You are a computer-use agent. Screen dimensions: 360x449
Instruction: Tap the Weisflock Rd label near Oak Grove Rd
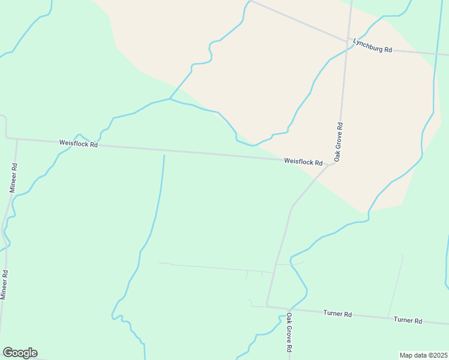click(x=303, y=162)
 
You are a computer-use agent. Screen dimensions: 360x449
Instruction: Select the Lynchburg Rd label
click(x=372, y=46)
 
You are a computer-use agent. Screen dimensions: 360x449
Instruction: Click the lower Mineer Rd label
click(x=4, y=285)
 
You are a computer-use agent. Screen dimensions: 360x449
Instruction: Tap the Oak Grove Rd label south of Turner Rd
click(x=289, y=332)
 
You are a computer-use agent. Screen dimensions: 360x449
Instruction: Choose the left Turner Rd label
click(x=337, y=314)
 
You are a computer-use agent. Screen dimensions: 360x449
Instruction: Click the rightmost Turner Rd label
click(x=408, y=320)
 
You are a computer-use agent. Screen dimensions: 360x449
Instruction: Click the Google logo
click(x=20, y=353)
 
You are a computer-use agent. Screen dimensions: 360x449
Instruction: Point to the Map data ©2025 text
click(x=423, y=355)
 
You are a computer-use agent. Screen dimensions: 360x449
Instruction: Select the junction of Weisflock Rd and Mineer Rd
click(x=17, y=139)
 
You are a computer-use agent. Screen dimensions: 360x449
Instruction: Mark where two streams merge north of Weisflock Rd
click(x=170, y=99)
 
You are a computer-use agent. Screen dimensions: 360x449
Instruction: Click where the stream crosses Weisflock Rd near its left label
click(x=98, y=144)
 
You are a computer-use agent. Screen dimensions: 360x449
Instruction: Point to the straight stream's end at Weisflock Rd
click(x=164, y=155)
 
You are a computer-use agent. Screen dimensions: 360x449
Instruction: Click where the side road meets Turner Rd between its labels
click(x=388, y=317)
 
